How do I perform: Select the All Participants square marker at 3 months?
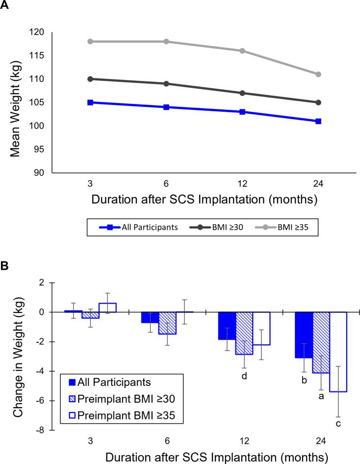(x=90, y=103)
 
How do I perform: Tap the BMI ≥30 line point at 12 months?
(x=242, y=93)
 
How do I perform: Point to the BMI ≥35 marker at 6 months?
(x=166, y=41)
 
